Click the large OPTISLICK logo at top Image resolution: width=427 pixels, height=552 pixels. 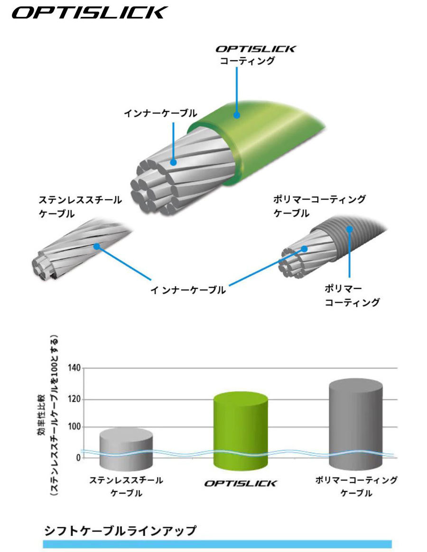(90, 12)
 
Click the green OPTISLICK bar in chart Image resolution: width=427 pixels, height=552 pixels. (241, 431)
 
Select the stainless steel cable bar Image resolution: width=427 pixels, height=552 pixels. (126, 449)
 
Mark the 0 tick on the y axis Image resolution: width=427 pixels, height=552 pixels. (78, 458)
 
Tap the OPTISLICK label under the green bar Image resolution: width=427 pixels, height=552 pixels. (241, 483)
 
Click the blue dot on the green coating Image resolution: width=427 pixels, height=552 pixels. (237, 115)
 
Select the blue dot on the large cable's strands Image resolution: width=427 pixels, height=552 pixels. (173, 162)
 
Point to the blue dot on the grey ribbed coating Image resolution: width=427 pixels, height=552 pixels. (349, 229)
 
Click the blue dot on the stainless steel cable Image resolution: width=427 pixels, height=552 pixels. (96, 247)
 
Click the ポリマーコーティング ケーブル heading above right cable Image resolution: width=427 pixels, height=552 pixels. (320, 206)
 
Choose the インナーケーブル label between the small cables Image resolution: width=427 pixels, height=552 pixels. (188, 290)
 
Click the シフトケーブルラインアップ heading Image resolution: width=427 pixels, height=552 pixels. (120, 531)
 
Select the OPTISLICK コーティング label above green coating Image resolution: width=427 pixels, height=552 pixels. (256, 55)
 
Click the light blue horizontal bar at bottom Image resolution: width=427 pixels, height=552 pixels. (217, 544)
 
